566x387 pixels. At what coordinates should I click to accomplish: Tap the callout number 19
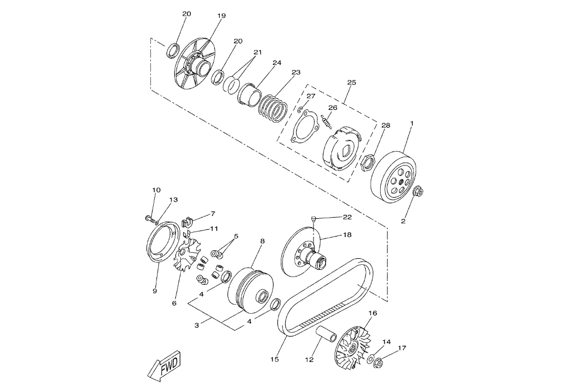tap(221, 16)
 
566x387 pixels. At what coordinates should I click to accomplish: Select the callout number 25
tap(351, 82)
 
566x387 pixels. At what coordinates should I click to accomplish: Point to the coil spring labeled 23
tap(274, 108)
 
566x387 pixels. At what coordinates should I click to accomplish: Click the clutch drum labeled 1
tap(393, 177)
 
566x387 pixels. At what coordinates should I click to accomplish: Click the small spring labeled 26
tap(326, 122)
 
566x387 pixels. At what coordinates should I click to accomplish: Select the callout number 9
tap(154, 291)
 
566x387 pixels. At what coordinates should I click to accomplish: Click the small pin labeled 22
tap(314, 218)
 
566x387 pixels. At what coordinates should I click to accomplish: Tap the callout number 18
tap(347, 235)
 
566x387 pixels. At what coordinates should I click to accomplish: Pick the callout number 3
tap(197, 325)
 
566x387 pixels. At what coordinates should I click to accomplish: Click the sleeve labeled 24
tap(250, 95)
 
